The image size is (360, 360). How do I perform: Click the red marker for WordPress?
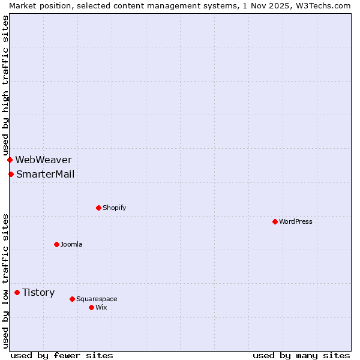point(275,221)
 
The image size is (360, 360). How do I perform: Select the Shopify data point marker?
point(98,208)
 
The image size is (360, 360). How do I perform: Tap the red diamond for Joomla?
point(56,244)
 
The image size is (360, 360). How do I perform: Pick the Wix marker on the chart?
point(91,307)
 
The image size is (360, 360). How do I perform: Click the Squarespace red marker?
point(72,299)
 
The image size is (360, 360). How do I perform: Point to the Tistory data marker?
point(17,292)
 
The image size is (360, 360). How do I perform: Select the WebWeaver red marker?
point(10,160)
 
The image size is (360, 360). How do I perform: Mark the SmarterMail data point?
point(11,174)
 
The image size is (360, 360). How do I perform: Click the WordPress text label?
point(296,221)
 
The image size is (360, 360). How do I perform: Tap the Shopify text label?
point(115,208)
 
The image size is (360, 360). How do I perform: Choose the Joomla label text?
point(71,244)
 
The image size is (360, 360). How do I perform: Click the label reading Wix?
point(101,307)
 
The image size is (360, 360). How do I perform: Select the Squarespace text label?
point(97,299)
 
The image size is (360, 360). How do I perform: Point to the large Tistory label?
point(38,292)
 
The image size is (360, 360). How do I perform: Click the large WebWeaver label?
point(43,160)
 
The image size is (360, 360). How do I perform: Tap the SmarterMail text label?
point(45,174)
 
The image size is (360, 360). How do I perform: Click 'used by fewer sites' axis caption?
point(62,355)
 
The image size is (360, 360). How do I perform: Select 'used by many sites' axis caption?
point(301,355)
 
